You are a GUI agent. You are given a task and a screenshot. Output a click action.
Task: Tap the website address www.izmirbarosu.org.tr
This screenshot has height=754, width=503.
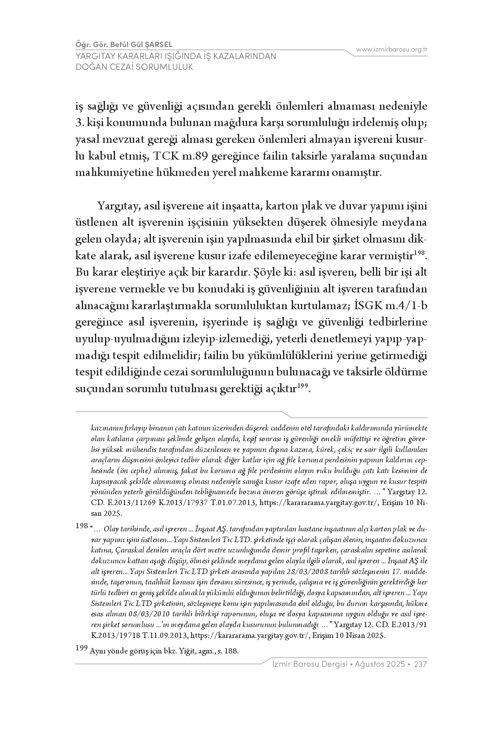pyautogui.click(x=392, y=49)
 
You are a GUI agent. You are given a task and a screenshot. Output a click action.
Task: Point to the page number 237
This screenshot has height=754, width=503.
pyautogui.click(x=421, y=665)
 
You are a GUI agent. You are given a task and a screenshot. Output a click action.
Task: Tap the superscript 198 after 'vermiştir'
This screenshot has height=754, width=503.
pyautogui.click(x=419, y=253)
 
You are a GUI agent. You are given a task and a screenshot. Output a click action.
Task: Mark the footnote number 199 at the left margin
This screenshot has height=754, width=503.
pyautogui.click(x=81, y=648)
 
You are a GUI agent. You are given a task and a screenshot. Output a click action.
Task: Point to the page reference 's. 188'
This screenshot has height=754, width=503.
pyautogui.click(x=228, y=651)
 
